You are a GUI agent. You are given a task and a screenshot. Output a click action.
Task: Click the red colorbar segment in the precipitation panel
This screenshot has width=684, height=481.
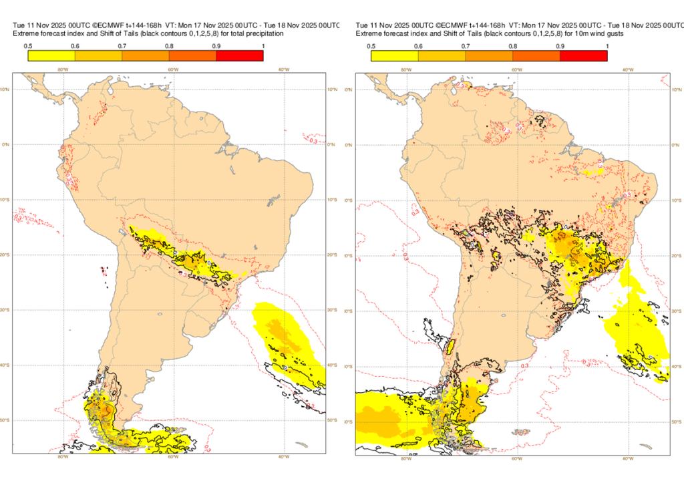[240, 56]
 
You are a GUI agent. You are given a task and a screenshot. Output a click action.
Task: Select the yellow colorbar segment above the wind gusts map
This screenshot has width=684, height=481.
[394, 56]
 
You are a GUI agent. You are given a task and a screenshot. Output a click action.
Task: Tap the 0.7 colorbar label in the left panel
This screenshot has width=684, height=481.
[122, 45]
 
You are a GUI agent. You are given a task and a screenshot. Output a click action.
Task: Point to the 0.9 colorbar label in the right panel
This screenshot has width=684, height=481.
[560, 45]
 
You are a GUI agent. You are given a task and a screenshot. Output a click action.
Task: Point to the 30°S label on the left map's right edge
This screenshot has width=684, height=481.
[332, 310]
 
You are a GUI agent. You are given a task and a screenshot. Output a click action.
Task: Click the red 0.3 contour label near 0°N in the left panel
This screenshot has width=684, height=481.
[313, 140]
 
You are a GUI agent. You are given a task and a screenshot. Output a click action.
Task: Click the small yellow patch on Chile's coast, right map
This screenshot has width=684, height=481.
[450, 347]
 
